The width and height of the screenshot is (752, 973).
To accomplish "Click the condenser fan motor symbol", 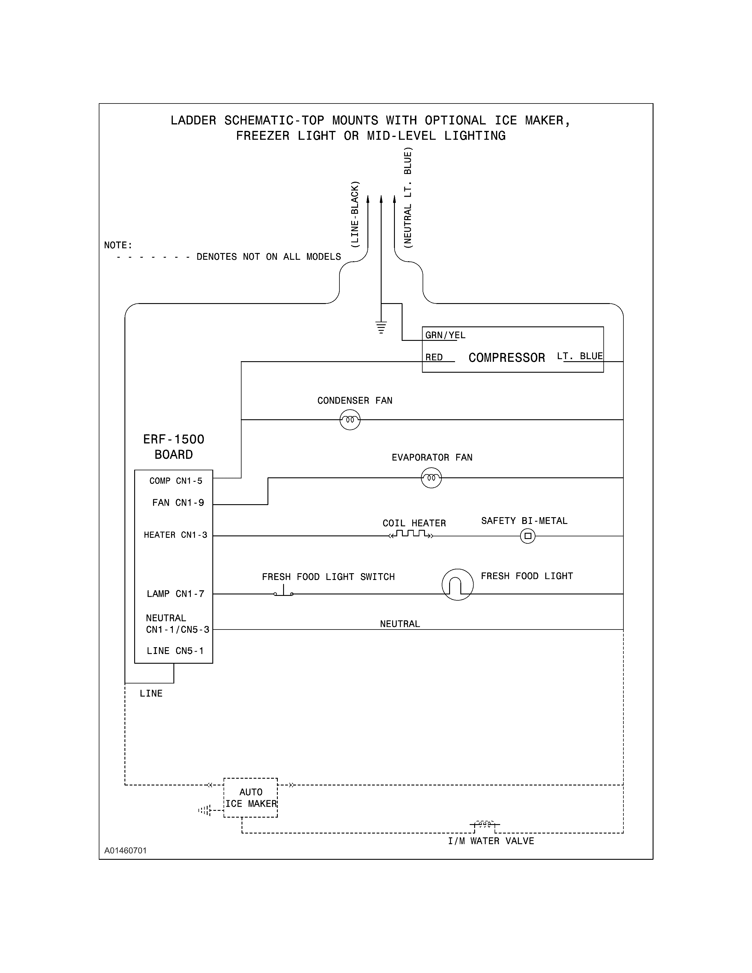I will pyautogui.click(x=350, y=420).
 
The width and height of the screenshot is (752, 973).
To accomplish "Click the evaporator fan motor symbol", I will pyautogui.click(x=431, y=478).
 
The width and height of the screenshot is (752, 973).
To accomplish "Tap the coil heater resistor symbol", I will pyautogui.click(x=411, y=534).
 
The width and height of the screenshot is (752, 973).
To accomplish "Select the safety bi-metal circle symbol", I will pyautogui.click(x=528, y=536).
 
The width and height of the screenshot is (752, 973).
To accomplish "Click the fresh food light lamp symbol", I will pyautogui.click(x=457, y=584).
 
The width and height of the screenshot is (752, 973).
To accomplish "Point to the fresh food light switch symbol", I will pyautogui.click(x=284, y=592).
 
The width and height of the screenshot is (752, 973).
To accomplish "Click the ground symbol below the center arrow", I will pyautogui.click(x=381, y=328).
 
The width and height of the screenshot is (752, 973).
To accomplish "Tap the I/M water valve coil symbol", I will pyautogui.click(x=485, y=824).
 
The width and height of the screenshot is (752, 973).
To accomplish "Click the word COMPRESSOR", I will pyautogui.click(x=507, y=358).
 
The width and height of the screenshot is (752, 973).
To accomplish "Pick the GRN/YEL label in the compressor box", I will pyautogui.click(x=445, y=335).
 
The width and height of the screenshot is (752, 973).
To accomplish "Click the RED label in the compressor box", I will pyautogui.click(x=434, y=357).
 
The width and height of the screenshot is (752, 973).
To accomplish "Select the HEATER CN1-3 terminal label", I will pyautogui.click(x=175, y=535).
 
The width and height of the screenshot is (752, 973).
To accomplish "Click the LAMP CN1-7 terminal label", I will pyautogui.click(x=175, y=594).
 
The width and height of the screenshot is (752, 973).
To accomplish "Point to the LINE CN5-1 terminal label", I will pyautogui.click(x=175, y=651).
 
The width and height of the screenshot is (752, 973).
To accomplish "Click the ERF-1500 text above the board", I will pyautogui.click(x=173, y=439).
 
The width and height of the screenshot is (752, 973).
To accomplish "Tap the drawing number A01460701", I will pyautogui.click(x=126, y=850).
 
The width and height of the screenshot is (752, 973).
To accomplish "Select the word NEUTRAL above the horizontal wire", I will pyautogui.click(x=400, y=624).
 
